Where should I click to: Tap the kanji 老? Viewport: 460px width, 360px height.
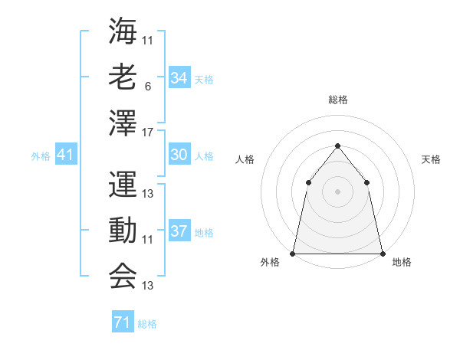pos(123,77)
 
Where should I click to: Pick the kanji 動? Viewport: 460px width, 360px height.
pos(123,230)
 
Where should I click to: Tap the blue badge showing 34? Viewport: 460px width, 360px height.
pos(179,77)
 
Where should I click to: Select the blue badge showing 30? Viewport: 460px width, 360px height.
pos(179,155)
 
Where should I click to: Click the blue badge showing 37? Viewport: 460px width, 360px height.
pos(179,231)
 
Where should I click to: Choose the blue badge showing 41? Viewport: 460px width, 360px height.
pos(66,155)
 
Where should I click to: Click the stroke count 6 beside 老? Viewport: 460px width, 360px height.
pos(147,87)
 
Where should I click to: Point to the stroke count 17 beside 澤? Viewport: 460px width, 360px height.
pos(149,133)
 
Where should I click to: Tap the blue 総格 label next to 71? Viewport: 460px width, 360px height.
pos(147,324)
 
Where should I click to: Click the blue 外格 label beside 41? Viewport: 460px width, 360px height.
pos(41,156)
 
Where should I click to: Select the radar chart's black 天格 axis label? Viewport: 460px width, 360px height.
pos(432,159)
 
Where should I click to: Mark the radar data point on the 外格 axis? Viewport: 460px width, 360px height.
pos(293,253)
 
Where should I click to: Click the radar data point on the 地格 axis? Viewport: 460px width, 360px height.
pos(382,253)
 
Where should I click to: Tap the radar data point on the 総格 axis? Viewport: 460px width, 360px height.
pos(337,146)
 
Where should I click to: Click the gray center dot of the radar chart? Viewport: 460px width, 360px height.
pos(337,191)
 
